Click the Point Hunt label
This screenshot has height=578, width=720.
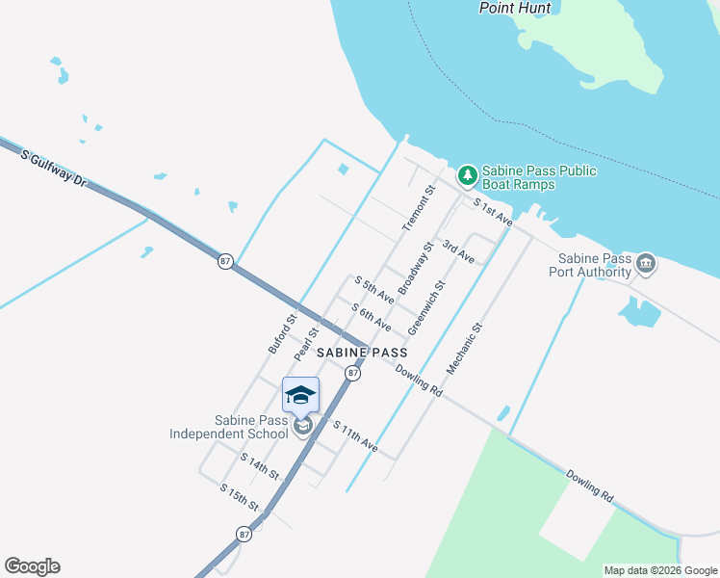515,8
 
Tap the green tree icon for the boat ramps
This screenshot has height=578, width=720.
467,175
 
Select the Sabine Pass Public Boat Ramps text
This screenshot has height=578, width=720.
539,177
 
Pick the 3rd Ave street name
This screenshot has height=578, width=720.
458,251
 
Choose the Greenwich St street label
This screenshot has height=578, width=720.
426,308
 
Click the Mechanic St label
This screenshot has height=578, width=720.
463,349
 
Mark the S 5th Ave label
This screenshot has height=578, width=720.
373,289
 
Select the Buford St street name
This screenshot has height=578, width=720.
282,332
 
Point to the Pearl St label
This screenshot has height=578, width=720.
306,343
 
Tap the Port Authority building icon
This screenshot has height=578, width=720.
645,262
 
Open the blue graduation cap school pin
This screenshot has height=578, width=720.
300,394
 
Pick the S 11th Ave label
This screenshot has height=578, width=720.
354,436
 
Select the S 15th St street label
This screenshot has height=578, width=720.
240,498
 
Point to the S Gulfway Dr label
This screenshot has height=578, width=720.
53,168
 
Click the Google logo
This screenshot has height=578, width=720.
32,566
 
